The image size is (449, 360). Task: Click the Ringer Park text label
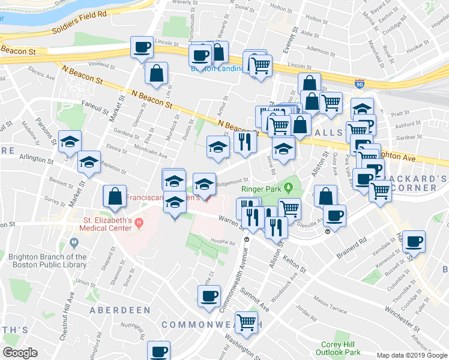click(x=261, y=188)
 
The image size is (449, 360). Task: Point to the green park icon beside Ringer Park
click(x=289, y=188)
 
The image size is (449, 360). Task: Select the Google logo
click(x=20, y=353)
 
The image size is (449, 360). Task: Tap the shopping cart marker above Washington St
click(x=247, y=322)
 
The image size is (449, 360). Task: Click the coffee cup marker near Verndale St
click(x=414, y=242)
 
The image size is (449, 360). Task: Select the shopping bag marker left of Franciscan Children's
click(x=115, y=196)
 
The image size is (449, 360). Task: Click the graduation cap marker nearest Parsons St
click(x=70, y=142)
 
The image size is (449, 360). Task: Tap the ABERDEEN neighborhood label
click(x=119, y=310)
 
